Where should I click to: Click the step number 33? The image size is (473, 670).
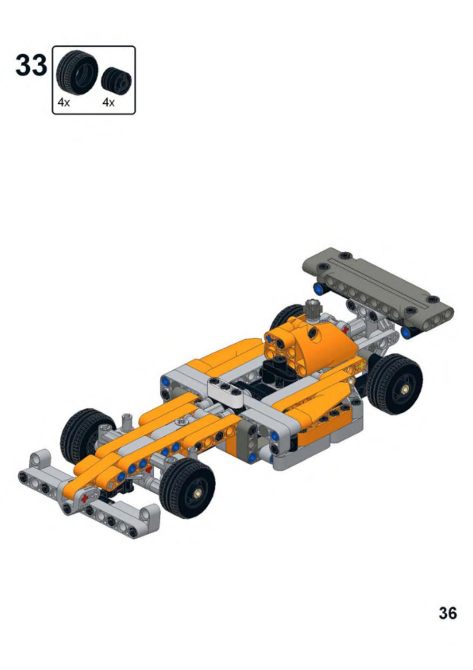point(31,66)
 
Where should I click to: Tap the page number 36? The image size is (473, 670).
point(447,613)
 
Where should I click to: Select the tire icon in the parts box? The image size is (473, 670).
point(77,73)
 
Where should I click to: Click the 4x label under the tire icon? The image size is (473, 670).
point(64,103)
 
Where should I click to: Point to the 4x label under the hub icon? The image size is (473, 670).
point(109,103)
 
